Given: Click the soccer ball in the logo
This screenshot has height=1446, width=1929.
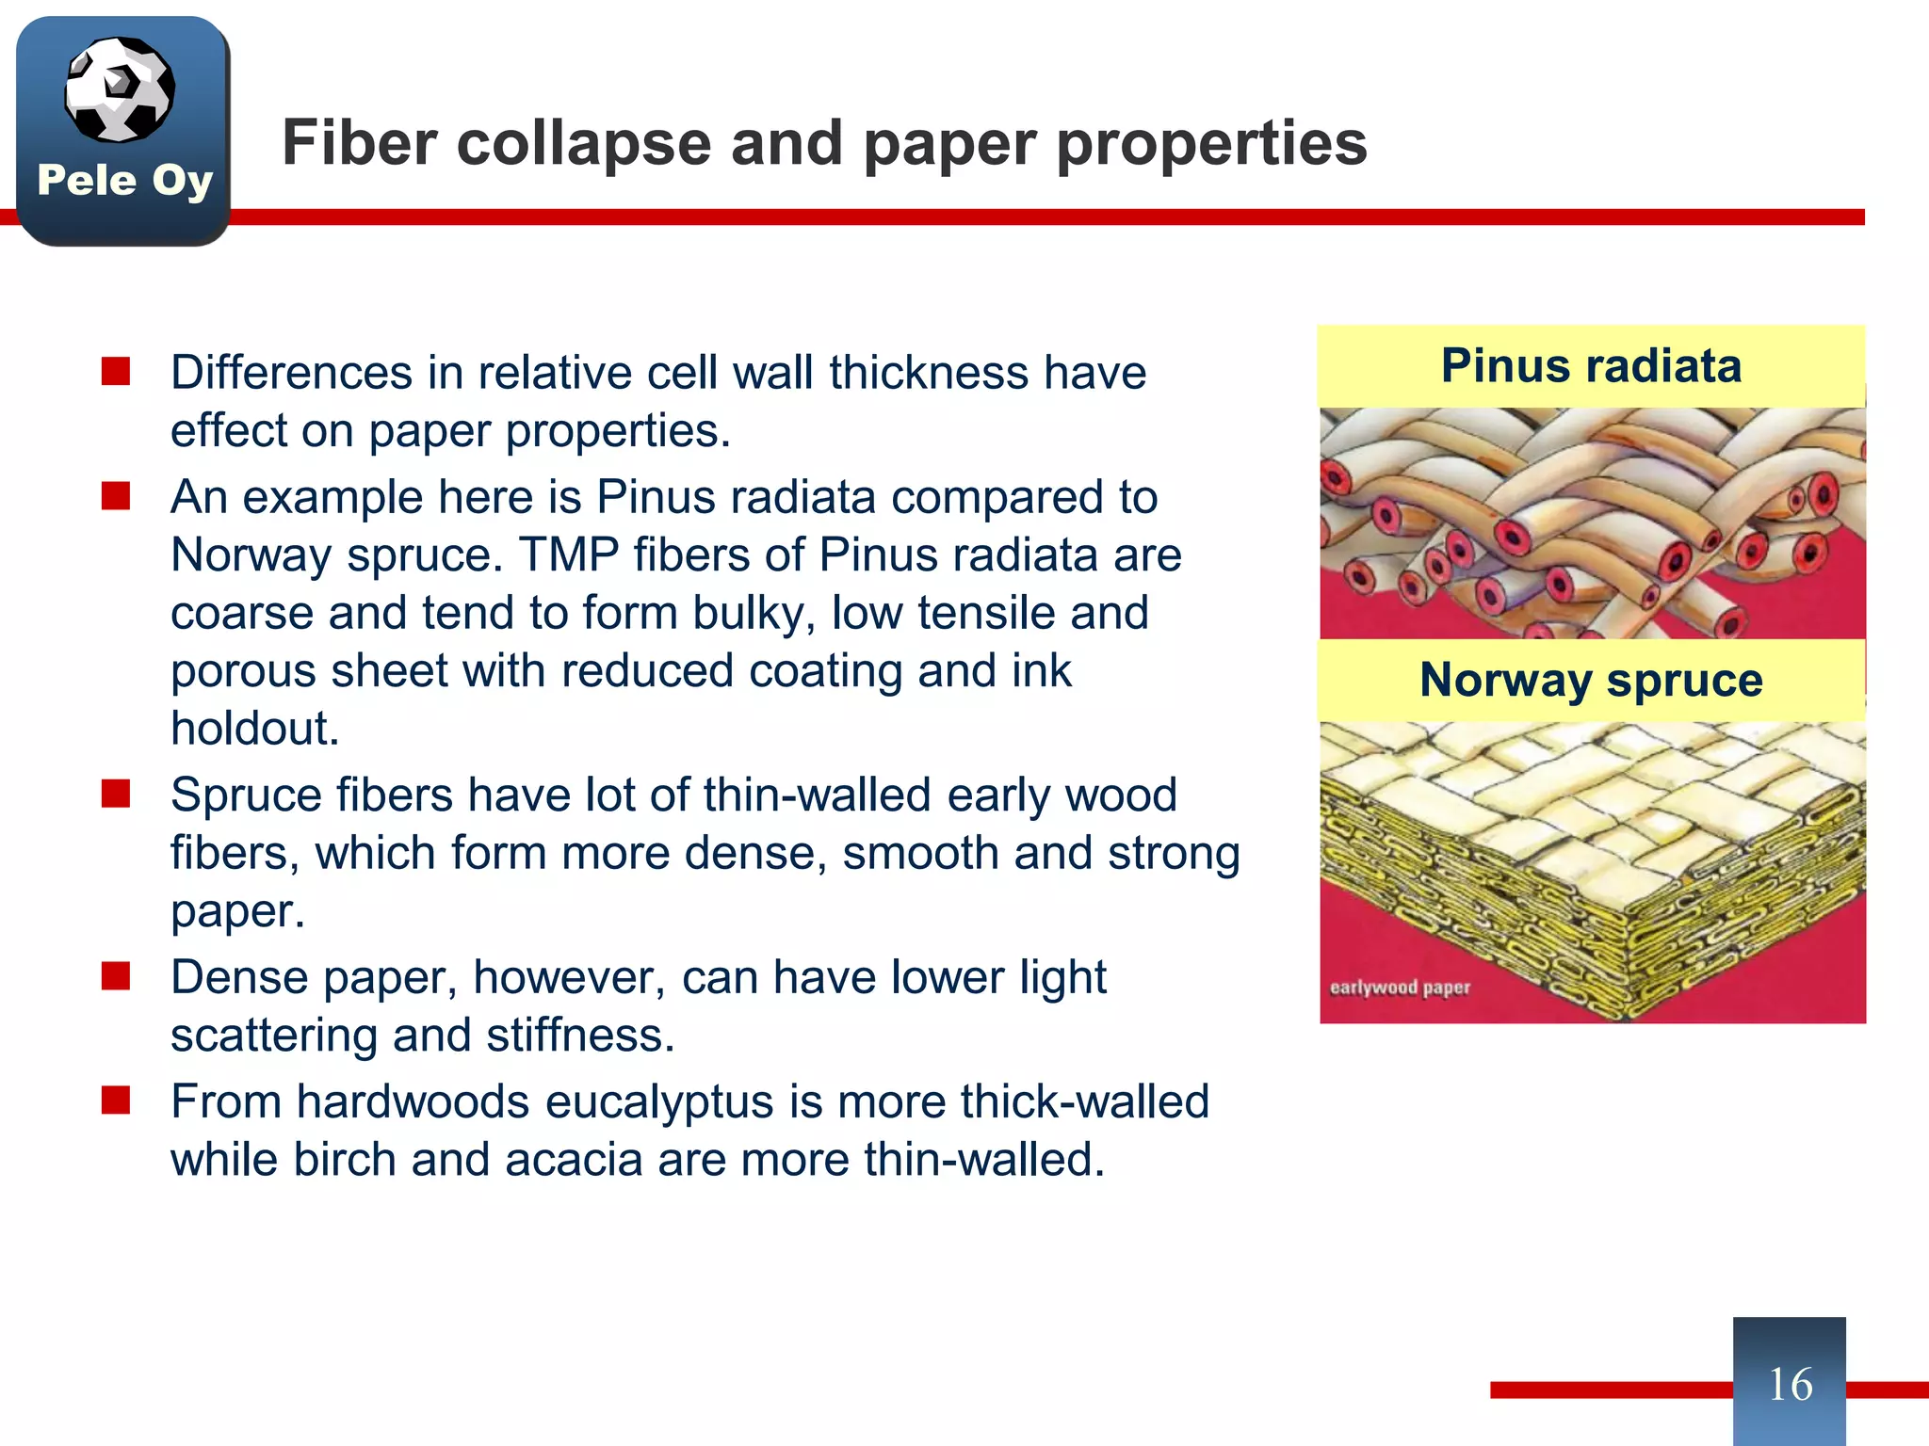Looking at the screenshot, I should [120, 89].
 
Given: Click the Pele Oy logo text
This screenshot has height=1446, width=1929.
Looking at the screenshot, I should [125, 180].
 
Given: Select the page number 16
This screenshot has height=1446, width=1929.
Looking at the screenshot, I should [1790, 1384].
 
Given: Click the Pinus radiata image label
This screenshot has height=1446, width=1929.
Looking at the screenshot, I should [1591, 365].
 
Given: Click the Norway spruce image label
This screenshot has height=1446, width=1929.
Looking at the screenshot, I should [1591, 680].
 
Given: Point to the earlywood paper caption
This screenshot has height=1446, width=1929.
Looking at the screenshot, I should [1400, 988].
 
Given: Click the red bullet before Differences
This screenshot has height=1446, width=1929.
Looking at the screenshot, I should [116, 372].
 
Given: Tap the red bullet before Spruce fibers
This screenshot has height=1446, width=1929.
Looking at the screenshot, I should [116, 794].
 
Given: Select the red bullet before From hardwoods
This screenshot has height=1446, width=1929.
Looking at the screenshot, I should [116, 1100].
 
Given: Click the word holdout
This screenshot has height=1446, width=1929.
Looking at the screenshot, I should [254, 729].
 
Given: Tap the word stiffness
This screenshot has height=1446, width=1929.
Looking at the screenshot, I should [580, 1036].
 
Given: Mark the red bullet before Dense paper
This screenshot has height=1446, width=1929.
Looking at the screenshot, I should [116, 976].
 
